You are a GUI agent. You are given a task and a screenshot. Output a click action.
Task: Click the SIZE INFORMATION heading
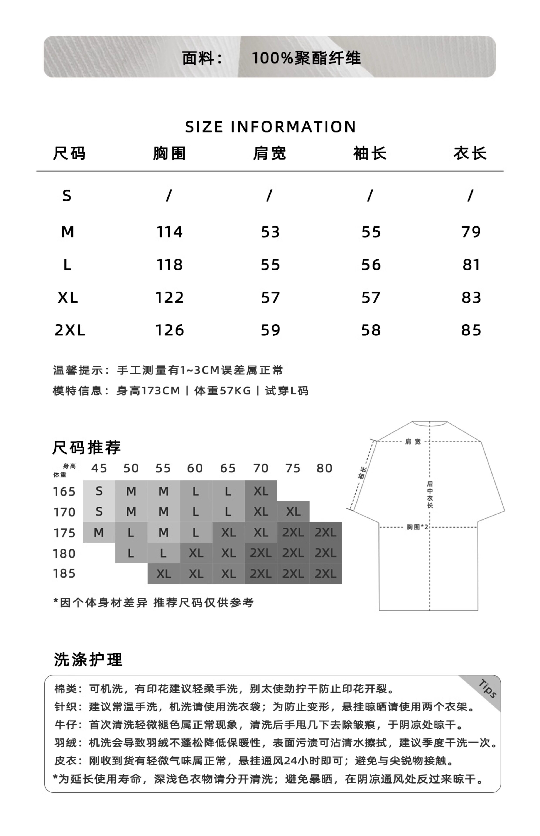(270, 127)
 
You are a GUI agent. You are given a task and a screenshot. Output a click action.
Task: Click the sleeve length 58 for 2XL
(371, 330)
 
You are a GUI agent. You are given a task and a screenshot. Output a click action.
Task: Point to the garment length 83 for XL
(471, 298)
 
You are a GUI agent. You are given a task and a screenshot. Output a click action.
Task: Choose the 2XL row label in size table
(69, 330)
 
